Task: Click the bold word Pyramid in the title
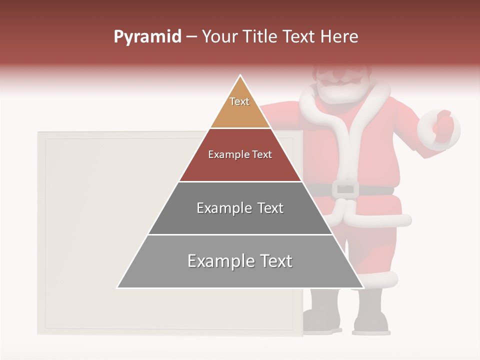point(147,37)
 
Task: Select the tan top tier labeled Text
point(240,107)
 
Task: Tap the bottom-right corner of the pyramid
point(363,287)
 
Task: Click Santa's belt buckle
point(345,188)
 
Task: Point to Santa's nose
point(340,76)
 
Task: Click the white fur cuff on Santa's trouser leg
point(380,278)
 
